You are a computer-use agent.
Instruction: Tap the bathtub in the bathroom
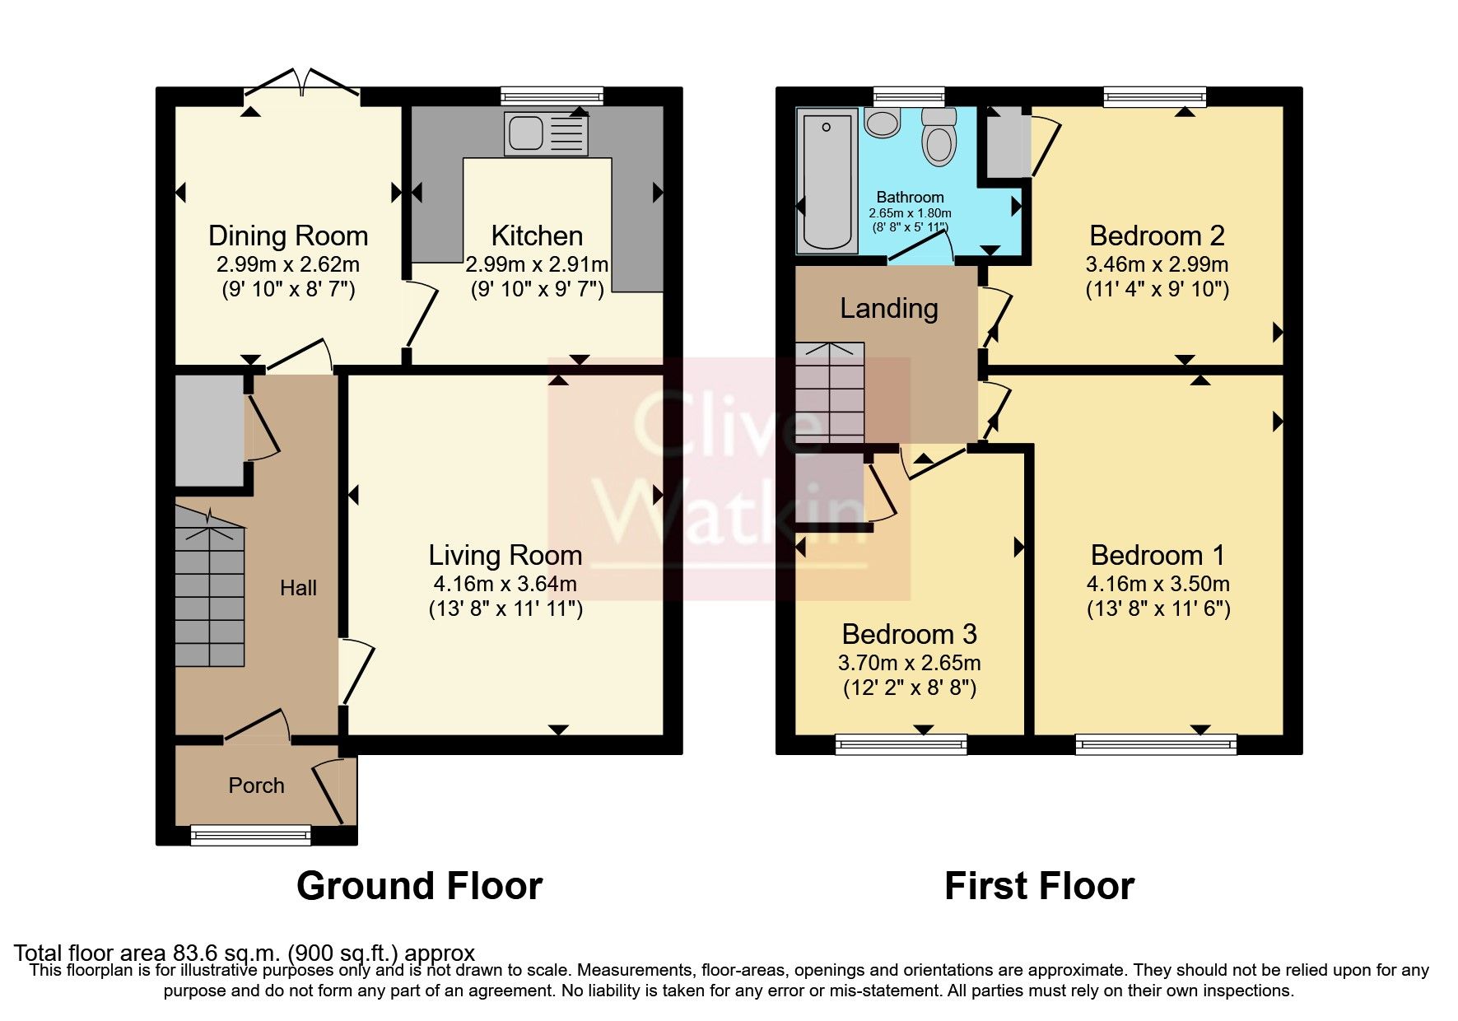coord(826,182)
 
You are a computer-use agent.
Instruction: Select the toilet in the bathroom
coord(939,137)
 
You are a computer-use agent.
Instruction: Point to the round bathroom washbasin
coord(883,123)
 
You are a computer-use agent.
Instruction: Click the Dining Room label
coord(288,235)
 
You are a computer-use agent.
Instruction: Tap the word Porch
coord(256,786)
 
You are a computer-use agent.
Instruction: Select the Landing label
coord(889,308)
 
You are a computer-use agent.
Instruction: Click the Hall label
coord(298,588)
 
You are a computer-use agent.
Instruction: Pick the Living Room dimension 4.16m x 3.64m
coord(505,584)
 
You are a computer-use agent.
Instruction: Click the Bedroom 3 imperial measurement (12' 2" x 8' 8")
coord(910,688)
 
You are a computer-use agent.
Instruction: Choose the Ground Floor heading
coord(420,886)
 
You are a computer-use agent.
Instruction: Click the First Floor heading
coord(1040,886)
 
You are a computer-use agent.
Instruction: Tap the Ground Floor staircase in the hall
coord(210,587)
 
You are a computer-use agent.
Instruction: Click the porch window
coord(251,835)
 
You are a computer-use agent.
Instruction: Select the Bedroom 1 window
coord(1156,744)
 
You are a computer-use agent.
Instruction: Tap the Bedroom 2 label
coord(1157,235)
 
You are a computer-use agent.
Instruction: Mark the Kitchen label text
coord(537,235)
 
